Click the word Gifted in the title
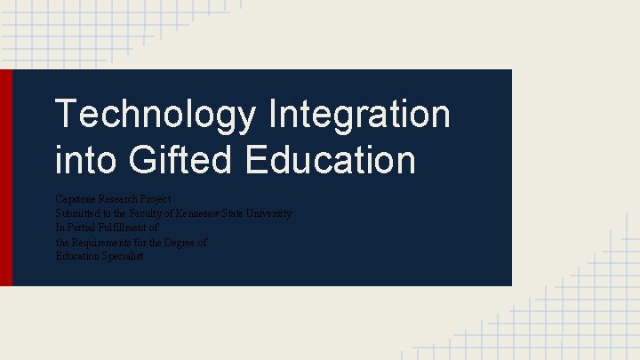click(181, 160)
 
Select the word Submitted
click(78, 213)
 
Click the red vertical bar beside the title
click(6, 178)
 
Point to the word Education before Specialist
click(76, 256)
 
